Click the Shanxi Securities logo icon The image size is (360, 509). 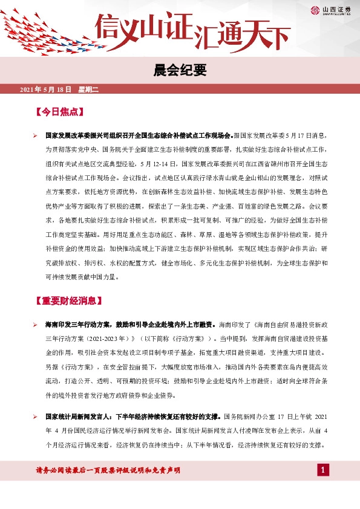tap(315, 10)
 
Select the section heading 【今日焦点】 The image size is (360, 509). tap(59, 112)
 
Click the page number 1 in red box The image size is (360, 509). tap(323, 470)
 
